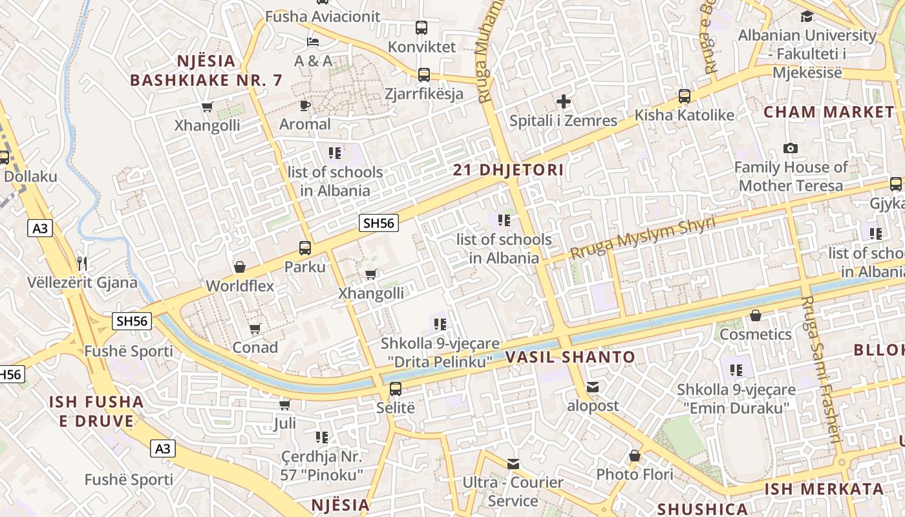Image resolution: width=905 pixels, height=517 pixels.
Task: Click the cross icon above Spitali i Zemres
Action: click(564, 101)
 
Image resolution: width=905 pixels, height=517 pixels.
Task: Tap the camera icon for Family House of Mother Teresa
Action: click(790, 149)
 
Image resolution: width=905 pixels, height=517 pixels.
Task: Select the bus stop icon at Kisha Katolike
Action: click(685, 96)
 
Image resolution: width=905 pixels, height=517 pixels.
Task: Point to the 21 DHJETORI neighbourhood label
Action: click(508, 171)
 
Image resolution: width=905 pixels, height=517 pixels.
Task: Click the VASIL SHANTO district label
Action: click(570, 357)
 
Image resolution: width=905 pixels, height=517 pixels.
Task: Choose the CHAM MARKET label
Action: click(829, 112)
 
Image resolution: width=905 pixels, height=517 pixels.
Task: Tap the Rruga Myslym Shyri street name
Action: click(643, 237)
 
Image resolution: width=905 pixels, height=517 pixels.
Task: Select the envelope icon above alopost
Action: click(593, 387)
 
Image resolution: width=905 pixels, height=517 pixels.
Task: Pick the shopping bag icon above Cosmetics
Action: click(755, 315)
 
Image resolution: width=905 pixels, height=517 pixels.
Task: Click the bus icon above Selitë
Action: click(395, 389)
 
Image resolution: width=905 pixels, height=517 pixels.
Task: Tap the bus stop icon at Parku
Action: click(304, 248)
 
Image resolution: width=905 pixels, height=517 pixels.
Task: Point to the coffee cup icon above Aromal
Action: click(305, 105)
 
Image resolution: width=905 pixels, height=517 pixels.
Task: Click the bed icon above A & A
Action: click(313, 42)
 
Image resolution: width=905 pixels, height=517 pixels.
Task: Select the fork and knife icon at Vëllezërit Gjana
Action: click(82, 263)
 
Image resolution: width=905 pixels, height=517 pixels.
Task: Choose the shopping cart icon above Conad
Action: click(255, 328)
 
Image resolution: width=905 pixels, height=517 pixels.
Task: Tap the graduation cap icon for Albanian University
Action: click(807, 16)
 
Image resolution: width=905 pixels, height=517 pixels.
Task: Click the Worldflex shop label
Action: click(240, 286)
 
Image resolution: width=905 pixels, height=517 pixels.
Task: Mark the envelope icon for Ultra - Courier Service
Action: click(513, 463)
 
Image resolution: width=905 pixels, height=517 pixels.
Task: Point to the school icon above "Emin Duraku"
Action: click(736, 370)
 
